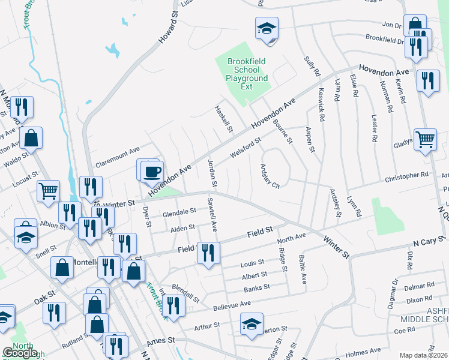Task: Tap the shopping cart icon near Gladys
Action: click(x=425, y=140)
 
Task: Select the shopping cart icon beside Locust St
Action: click(x=48, y=191)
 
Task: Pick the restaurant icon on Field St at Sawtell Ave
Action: click(x=208, y=252)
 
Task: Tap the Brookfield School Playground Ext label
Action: click(x=247, y=74)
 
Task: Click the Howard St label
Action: click(x=169, y=30)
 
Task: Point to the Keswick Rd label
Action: click(x=321, y=107)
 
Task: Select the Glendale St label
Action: click(x=179, y=212)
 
